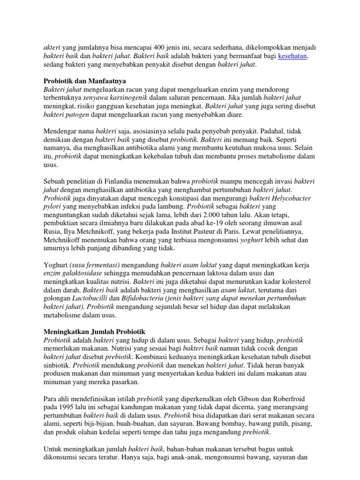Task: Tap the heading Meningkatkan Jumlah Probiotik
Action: tap(95, 331)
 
